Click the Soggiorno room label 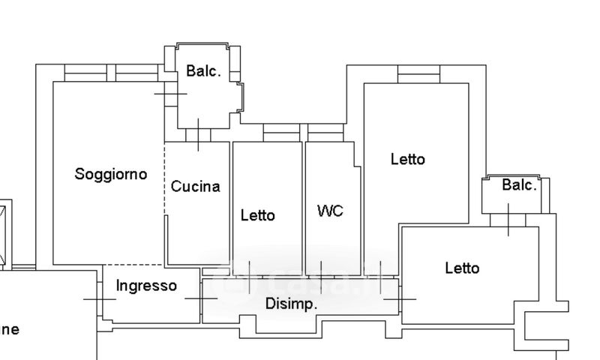111,174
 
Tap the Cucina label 196,187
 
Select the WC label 330,211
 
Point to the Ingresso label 147,286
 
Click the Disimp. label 292,304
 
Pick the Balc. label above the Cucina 204,71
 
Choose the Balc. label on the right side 519,185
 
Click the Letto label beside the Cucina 258,215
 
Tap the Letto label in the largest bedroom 407,159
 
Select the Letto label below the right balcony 462,268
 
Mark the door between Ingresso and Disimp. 201,298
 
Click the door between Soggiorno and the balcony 170,93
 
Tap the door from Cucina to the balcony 197,135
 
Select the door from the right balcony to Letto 509,220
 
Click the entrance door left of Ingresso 99,298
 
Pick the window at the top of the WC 325,133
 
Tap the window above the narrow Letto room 282,133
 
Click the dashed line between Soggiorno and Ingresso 133,265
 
